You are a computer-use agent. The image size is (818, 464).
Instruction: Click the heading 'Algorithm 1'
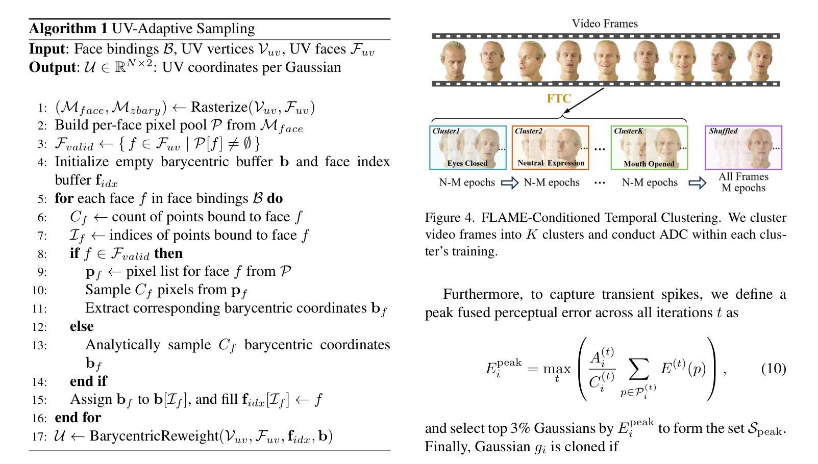click(68, 29)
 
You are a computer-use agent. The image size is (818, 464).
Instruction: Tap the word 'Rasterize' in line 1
click(219, 107)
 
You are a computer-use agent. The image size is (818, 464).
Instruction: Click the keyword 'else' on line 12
click(82, 326)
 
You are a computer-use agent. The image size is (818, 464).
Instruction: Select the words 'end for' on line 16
click(78, 418)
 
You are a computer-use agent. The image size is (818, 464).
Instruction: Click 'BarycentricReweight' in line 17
click(154, 436)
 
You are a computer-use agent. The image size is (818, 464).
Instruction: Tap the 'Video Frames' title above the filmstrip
click(605, 23)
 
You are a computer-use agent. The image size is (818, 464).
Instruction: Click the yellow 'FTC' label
click(559, 99)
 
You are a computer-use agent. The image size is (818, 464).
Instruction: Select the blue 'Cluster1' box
click(468, 147)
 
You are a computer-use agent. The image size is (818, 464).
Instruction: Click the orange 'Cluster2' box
click(550, 147)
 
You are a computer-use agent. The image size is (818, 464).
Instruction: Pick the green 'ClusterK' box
click(649, 147)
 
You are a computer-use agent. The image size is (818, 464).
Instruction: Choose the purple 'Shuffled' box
click(743, 147)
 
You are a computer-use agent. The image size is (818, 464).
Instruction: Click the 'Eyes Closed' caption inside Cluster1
click(467, 164)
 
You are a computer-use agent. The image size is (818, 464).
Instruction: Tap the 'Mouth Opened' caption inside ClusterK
click(649, 164)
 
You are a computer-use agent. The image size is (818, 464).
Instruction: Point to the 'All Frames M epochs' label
click(743, 183)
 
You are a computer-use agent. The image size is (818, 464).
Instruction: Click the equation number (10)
click(773, 369)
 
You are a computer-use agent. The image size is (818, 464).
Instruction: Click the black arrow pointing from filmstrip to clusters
click(584, 100)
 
